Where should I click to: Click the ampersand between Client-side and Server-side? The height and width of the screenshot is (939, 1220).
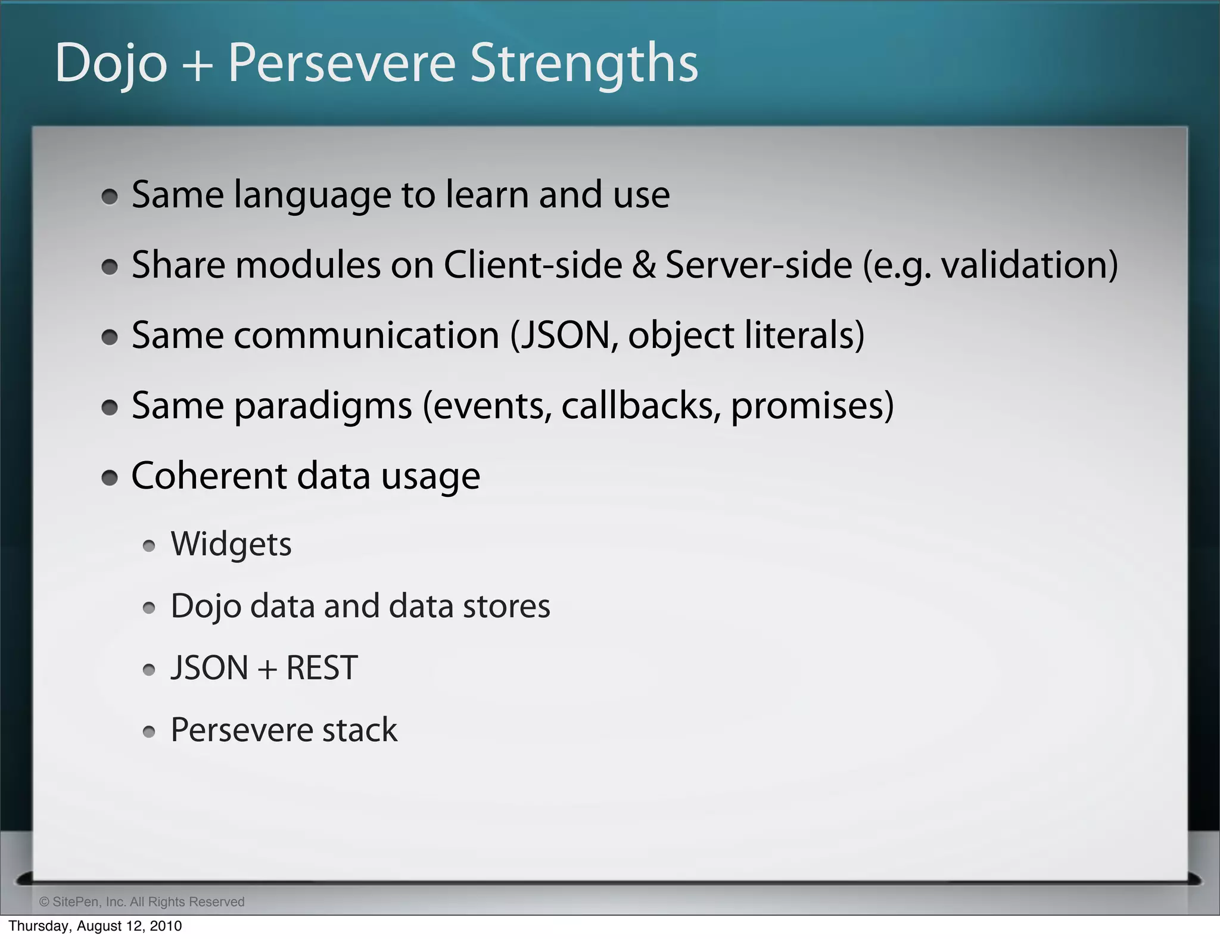pos(643,265)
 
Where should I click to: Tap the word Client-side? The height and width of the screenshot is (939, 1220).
pos(533,265)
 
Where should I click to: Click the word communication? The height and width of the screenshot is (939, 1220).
pos(366,335)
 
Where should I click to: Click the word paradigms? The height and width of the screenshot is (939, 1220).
pos(323,407)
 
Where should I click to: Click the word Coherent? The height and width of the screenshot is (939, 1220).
pos(209,476)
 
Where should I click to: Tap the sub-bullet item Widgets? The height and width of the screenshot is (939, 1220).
pos(231,545)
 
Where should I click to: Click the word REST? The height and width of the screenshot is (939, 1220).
pos(322,669)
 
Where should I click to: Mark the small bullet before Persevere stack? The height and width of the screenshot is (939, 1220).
pos(149,732)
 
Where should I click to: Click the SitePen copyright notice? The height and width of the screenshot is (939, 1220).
pos(142,901)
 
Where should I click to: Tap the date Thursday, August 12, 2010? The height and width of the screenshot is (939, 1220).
pos(95,926)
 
